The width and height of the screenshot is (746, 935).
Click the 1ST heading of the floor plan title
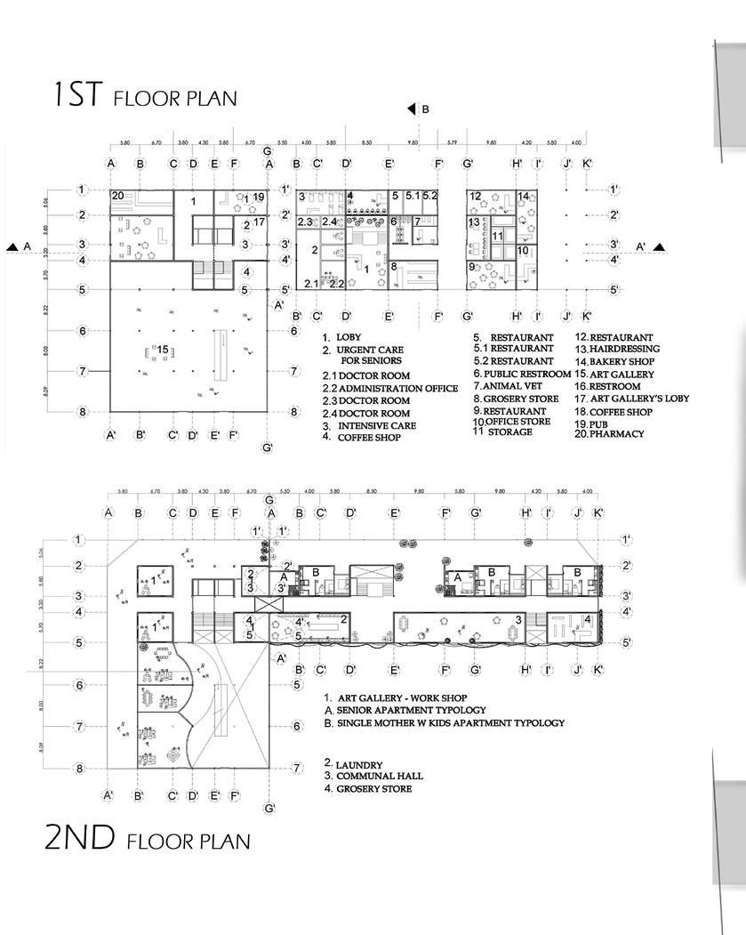click(x=79, y=94)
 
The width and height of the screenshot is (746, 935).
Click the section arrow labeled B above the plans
click(x=412, y=109)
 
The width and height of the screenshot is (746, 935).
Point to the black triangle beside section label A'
click(x=660, y=247)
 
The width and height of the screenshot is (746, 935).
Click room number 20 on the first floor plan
click(x=117, y=196)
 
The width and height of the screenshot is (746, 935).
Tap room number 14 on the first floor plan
click(x=524, y=197)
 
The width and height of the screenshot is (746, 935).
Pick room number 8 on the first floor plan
click(x=393, y=266)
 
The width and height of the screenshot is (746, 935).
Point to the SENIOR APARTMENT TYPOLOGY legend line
click(x=410, y=710)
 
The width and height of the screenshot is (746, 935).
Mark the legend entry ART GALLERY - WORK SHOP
click(x=401, y=697)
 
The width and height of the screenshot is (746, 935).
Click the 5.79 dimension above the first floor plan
click(x=452, y=142)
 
